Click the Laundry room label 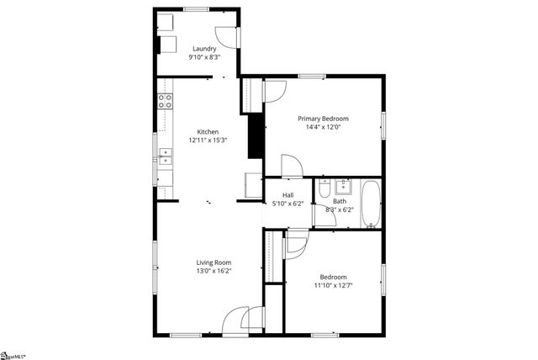tap(205, 49)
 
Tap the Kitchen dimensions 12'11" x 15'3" tap(208, 140)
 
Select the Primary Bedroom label tap(323, 119)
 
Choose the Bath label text tap(339, 202)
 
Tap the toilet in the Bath tap(324, 189)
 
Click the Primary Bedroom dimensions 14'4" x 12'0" tap(323, 128)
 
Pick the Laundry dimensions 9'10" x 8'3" tap(205, 57)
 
